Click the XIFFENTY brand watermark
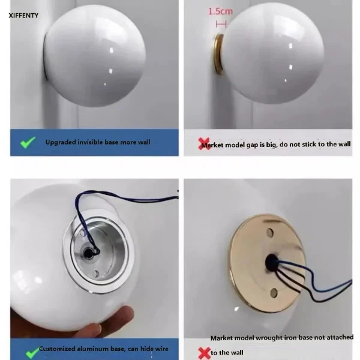[x=23, y=16]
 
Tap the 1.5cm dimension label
[x=220, y=11]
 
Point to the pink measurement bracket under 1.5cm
[x=221, y=24]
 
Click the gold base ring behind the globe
[x=218, y=54]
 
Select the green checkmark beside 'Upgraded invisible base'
[x=28, y=142]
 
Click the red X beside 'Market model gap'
[x=204, y=144]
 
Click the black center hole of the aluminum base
[x=89, y=253]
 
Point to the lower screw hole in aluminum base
[x=96, y=274]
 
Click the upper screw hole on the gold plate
[x=270, y=233]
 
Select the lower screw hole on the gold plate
[x=274, y=293]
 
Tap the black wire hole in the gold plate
[x=271, y=262]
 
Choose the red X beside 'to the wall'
[x=204, y=353]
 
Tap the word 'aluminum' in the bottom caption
[x=93, y=349]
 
